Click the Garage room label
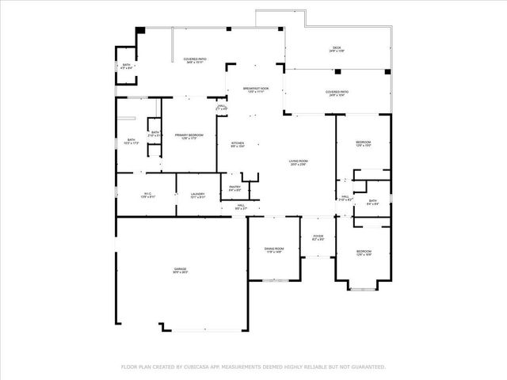point(181,271)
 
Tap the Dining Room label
point(273,250)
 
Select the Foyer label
point(318,237)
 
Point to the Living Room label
point(298,162)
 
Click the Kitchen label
point(238,145)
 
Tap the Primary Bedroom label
point(189,136)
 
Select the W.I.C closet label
point(147,195)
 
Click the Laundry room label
point(197,195)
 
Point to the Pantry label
point(235,188)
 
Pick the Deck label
point(337,50)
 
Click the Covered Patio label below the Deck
point(337,93)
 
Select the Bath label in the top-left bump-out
point(126,66)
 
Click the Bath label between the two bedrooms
point(373,202)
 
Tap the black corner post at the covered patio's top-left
point(140,30)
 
